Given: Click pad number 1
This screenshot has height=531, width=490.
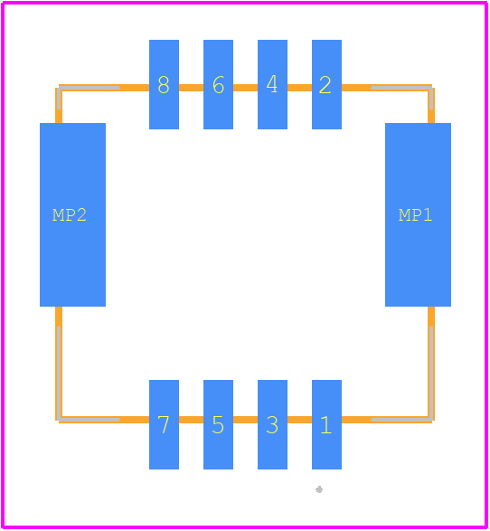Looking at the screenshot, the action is coord(326,424).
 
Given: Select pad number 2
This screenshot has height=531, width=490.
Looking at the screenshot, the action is coord(326,84).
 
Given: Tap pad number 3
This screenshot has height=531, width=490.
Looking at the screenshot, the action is coord(272,424).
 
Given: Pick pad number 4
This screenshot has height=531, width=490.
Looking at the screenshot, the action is coord(272,84).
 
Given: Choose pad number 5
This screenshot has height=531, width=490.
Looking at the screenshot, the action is coord(218,424).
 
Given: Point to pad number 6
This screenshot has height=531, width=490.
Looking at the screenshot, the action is coord(218,84).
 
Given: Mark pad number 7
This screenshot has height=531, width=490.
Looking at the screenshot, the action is coord(165,424).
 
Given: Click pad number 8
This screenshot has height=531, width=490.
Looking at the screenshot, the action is coord(165,84).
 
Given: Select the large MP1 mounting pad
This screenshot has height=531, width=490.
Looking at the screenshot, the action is coord(418,214).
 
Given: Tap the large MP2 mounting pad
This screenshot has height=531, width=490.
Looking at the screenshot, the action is coord(72,214).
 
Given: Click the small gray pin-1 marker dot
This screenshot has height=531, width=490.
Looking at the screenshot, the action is coord(319,489).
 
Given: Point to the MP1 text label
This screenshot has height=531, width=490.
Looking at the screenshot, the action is coord(415,215).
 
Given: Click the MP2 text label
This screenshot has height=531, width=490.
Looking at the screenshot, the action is coord(70,215).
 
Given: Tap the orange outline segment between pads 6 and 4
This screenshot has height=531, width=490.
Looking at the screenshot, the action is coord(245,88).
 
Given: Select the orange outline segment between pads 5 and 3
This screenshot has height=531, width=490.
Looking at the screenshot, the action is coord(245,420).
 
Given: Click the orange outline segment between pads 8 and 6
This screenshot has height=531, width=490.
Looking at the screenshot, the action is coord(191,88).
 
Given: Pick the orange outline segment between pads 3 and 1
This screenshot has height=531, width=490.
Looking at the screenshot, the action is coord(299,420).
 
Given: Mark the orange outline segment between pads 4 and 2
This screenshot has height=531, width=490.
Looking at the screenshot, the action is coord(299,88).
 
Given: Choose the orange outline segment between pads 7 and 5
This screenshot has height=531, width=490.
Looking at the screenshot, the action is coord(191,420).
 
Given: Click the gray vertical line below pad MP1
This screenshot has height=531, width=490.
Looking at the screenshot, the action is coord(431,374).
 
